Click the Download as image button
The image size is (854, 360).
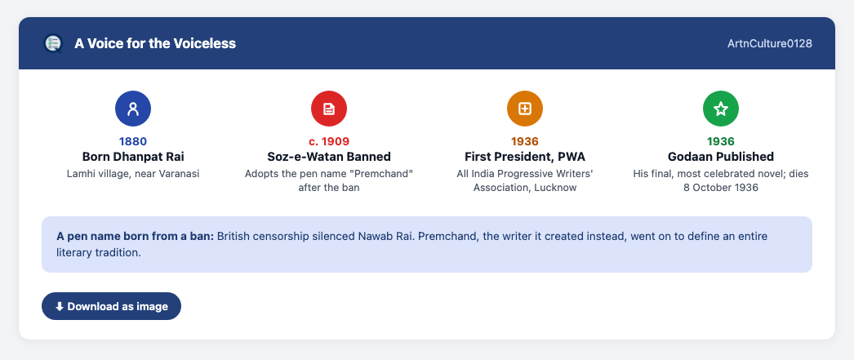pos(111,306)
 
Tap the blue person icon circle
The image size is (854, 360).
pos(133,109)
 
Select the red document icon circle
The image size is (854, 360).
pos(329,109)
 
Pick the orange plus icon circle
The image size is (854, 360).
pos(525,109)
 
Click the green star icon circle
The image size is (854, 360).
pos(721,109)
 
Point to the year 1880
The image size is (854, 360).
pos(133,141)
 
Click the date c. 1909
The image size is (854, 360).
pos(329,141)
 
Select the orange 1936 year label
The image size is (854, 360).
pos(525,141)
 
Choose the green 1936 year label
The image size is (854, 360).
pos(721,141)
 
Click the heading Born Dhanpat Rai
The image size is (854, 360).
pos(133,157)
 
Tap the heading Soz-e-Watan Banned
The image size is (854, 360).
pos(329,157)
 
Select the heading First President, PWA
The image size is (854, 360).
pos(525,157)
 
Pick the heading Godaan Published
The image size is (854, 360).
pos(721,157)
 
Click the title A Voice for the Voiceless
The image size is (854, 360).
pos(155,43)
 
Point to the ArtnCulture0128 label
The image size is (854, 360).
pos(770,43)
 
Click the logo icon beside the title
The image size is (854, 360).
pos(53,43)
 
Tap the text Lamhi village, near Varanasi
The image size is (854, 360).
pos(133,174)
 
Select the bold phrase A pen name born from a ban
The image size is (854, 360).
pos(136,237)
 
